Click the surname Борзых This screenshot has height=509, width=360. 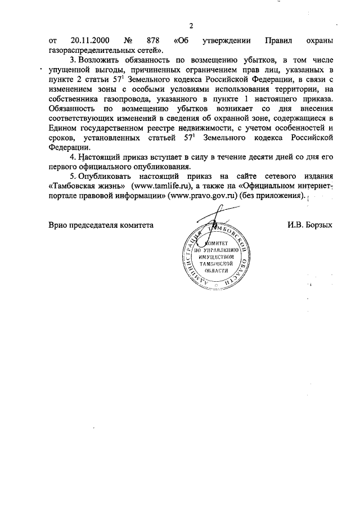click(x=318, y=224)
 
